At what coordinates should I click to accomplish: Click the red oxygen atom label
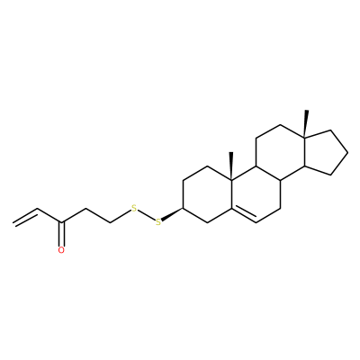61,250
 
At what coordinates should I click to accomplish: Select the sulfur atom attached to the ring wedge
158,222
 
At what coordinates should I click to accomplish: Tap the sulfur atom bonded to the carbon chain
134,208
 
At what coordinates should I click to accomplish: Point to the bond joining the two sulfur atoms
146,215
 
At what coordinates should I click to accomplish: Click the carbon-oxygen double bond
61,234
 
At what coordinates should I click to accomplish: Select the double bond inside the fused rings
244,215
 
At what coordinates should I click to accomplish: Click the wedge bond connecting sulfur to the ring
173,214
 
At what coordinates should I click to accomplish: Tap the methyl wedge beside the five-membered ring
306,123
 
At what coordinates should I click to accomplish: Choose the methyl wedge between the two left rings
231,166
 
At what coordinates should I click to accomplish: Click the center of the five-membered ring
325,152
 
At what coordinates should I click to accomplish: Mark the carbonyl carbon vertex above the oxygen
61,222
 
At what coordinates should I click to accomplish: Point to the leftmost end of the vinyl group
13,222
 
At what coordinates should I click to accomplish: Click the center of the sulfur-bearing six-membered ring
208,194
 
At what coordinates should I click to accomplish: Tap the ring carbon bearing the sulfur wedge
184,208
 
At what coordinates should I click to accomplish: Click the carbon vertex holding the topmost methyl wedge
304,138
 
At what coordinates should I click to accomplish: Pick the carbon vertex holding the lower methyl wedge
231,180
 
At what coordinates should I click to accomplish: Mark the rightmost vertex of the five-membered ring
348,153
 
